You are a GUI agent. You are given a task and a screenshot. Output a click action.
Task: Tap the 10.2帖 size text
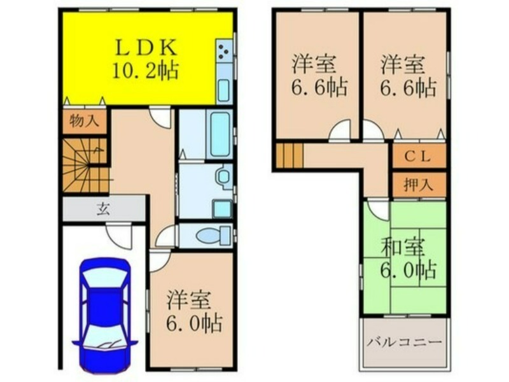tap(146, 71)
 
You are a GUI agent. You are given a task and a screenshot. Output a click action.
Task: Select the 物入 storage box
tap(85, 121)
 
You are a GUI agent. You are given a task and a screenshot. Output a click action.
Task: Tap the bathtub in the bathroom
tap(220, 134)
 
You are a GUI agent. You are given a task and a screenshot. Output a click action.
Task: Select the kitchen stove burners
tap(224, 52)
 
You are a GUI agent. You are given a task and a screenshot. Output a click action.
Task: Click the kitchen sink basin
tap(224, 90)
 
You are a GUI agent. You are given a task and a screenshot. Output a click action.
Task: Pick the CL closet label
tap(417, 157)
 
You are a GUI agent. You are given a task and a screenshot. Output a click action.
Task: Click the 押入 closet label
tap(419, 185)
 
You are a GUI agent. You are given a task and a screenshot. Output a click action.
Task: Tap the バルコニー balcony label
tap(405, 343)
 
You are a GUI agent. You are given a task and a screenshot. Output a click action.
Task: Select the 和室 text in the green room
tap(403, 248)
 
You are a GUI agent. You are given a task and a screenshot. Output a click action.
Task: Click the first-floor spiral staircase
tap(85, 166)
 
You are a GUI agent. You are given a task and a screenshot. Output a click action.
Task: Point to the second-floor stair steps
tap(289, 156)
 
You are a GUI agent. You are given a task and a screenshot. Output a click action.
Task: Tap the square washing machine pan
tap(222, 209)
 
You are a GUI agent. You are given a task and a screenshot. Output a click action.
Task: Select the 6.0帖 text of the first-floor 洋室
tap(194, 323)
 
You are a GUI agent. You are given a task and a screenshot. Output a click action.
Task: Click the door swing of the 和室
tap(378, 212)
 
